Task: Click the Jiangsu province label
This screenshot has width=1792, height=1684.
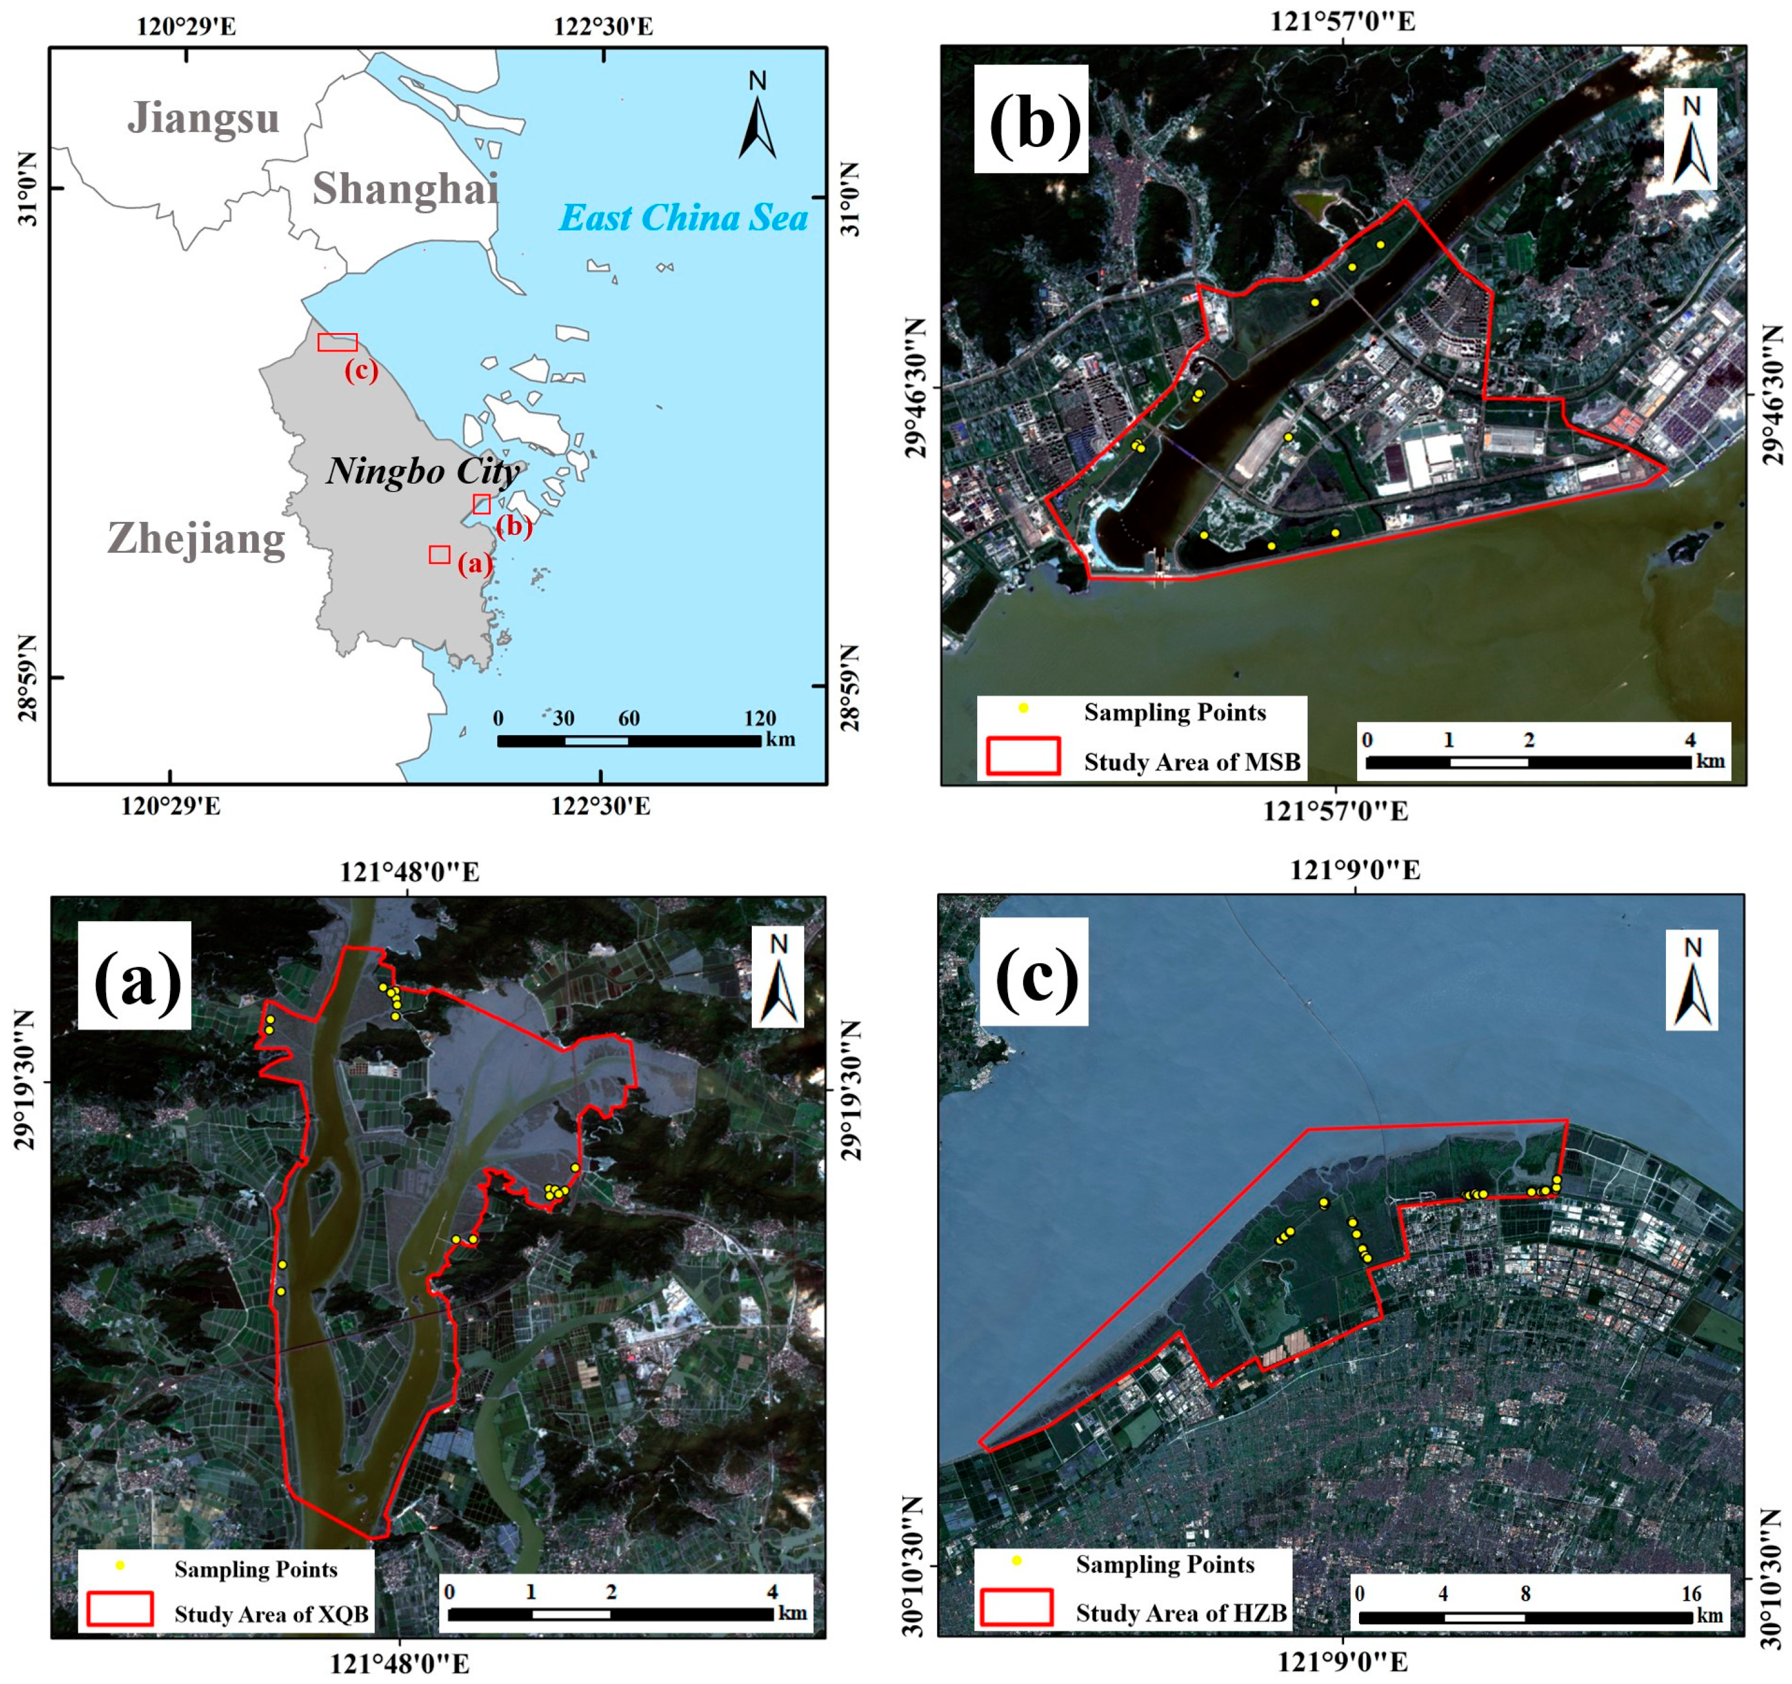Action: (x=204, y=118)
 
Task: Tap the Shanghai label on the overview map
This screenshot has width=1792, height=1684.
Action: (x=405, y=189)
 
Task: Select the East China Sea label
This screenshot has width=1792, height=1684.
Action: (x=683, y=218)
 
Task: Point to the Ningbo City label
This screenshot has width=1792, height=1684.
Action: (x=423, y=471)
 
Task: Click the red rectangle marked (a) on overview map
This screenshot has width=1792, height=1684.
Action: (x=439, y=554)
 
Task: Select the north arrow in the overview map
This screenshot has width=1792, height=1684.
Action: (x=757, y=122)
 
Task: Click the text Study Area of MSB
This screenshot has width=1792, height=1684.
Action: (x=1192, y=763)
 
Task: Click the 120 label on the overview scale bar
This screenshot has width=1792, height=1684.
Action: (x=760, y=718)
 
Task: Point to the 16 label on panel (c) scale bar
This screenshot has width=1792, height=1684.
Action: (x=1691, y=1594)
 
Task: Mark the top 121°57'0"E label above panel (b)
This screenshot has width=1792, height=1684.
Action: (x=1342, y=22)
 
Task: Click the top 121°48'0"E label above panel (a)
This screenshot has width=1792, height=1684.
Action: (x=410, y=872)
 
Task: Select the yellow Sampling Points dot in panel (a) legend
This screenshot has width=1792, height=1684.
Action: (x=120, y=1566)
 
